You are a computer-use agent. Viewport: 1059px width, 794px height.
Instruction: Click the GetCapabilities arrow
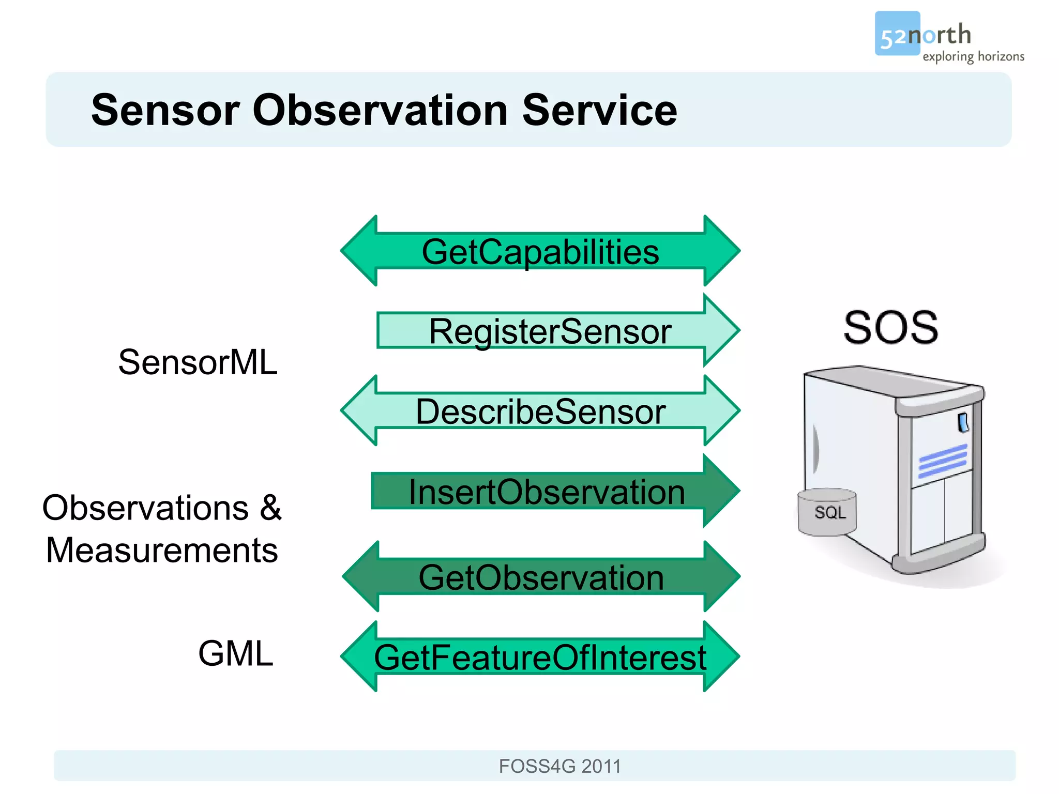tap(540, 251)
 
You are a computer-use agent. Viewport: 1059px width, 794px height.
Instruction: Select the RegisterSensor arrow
tap(551, 331)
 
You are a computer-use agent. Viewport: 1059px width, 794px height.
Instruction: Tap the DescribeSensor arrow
tap(540, 411)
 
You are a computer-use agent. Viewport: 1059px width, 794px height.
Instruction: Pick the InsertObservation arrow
tap(547, 492)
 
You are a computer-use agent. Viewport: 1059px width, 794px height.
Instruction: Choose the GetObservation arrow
tap(541, 577)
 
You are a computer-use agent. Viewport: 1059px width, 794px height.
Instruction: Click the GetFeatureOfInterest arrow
tap(540, 658)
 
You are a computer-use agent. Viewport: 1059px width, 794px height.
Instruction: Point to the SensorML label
tap(198, 362)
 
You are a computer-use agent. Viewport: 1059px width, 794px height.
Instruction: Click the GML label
tap(235, 654)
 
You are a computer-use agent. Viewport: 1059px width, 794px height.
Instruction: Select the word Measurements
tap(162, 550)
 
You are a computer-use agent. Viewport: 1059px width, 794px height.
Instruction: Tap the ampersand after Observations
tap(270, 508)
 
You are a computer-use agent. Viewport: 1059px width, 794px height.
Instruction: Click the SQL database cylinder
tap(827, 512)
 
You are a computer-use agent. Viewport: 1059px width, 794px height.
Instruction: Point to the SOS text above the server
tap(890, 328)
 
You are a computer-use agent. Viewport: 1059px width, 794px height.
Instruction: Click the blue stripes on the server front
tap(942, 461)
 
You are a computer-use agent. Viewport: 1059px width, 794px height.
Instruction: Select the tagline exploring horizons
tap(973, 56)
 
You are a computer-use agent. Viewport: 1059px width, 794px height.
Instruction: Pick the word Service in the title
tap(599, 110)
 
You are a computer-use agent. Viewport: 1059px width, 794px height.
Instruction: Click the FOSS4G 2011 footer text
tap(559, 766)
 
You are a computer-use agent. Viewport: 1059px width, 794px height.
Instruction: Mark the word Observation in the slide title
tap(380, 110)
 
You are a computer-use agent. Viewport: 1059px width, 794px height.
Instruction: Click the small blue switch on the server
tap(963, 422)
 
